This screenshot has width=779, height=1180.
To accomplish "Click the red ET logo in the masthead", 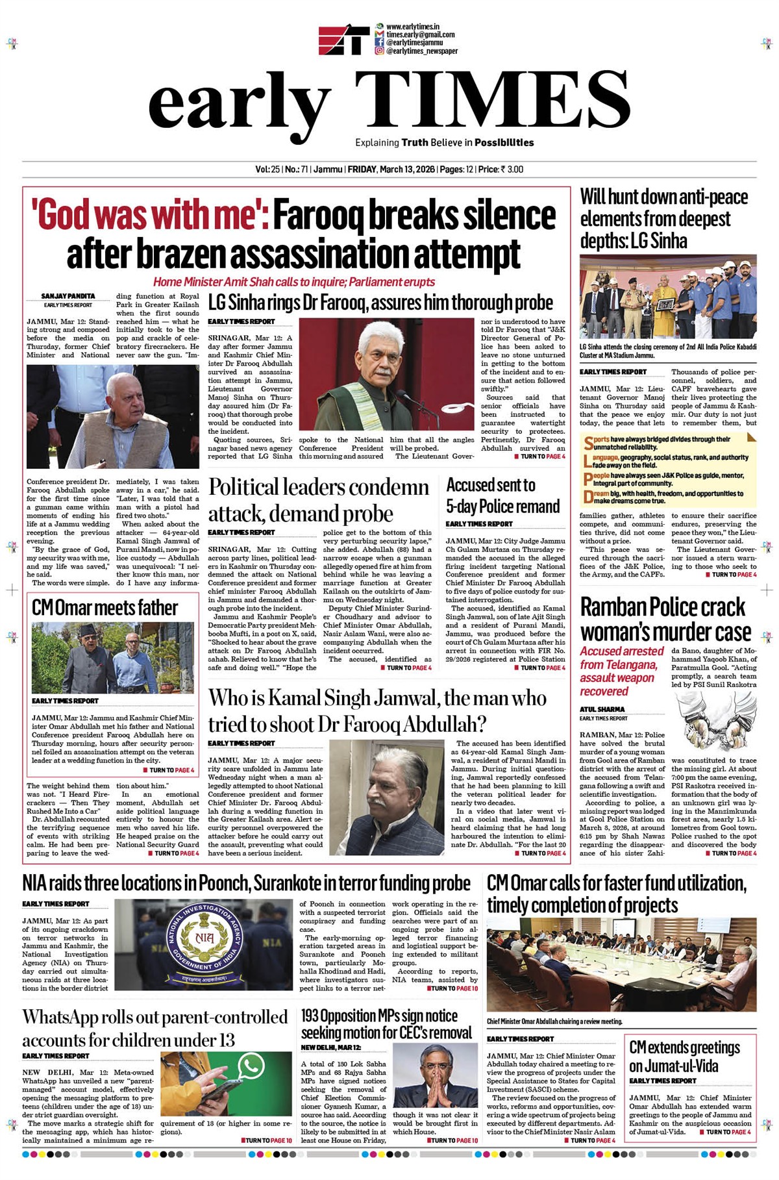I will (343, 39).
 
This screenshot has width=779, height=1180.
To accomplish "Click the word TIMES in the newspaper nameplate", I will (484, 101).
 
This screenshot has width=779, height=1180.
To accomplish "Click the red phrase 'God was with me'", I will (151, 216).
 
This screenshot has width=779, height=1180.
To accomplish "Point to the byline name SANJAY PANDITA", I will (68, 296).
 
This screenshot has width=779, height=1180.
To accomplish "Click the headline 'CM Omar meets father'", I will (105, 608).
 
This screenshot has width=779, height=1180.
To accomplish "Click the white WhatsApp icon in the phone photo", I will (251, 1066).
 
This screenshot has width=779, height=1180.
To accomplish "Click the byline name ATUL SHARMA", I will (602, 709).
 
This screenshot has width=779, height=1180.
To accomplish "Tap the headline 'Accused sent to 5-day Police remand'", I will (502, 496).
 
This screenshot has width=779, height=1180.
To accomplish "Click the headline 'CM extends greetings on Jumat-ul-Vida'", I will (684, 1057).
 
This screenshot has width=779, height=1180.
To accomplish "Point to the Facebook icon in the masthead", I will (379, 42).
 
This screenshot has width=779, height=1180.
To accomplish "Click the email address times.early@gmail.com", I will (420, 34).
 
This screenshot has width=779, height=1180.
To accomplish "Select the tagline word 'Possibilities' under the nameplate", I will (504, 143).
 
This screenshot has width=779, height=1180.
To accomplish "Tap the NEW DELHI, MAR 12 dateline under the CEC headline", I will (331, 1048).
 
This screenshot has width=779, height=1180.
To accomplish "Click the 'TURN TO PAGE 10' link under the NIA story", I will (452, 988).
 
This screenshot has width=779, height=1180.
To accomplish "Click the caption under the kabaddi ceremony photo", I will (667, 351).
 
